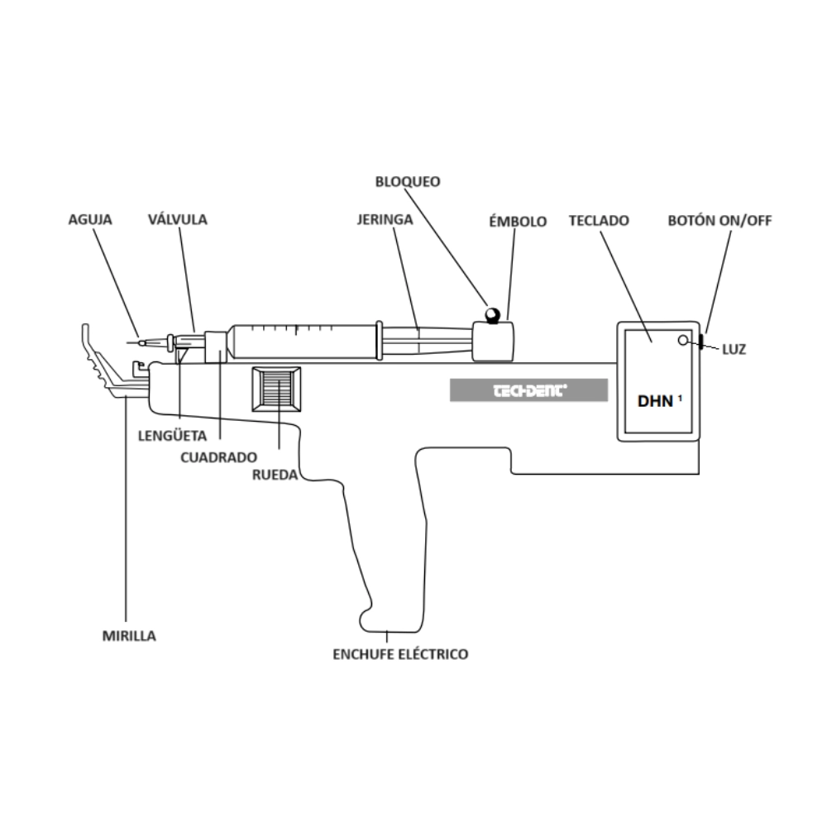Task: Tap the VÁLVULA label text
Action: (x=177, y=220)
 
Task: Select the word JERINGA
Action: (x=385, y=221)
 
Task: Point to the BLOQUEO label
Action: (x=408, y=181)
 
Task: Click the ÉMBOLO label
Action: (x=517, y=221)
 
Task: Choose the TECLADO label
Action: (x=599, y=221)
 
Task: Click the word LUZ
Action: (x=734, y=349)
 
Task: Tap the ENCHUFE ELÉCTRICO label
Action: (x=400, y=654)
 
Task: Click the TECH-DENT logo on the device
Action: (x=528, y=390)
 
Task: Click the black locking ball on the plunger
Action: (x=492, y=314)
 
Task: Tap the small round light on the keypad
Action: (x=682, y=340)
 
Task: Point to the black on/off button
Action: (x=701, y=341)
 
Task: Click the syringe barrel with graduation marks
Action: (x=302, y=341)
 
